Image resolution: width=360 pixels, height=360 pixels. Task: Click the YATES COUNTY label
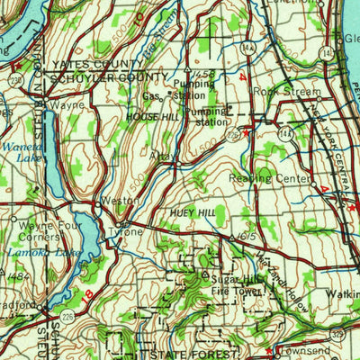click(89, 65)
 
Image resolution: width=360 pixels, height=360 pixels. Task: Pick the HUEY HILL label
click(191, 212)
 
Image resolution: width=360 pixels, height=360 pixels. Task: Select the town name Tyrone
click(127, 232)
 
